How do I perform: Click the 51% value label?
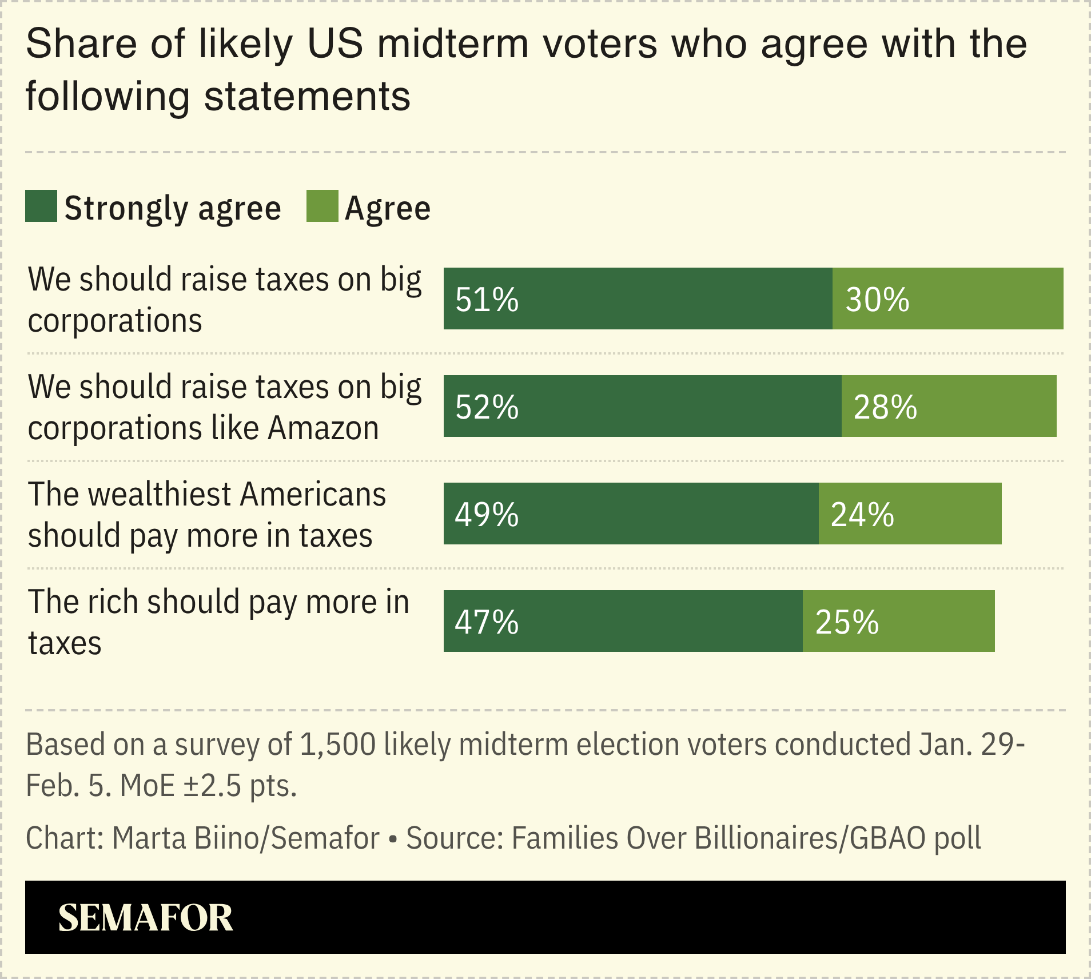(487, 300)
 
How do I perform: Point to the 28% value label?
(885, 407)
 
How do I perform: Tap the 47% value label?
(487, 622)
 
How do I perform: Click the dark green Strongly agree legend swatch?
(41, 206)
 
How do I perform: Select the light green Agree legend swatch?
(322, 206)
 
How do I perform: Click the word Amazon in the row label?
(323, 428)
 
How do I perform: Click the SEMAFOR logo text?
(145, 918)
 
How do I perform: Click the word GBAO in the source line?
(887, 838)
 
